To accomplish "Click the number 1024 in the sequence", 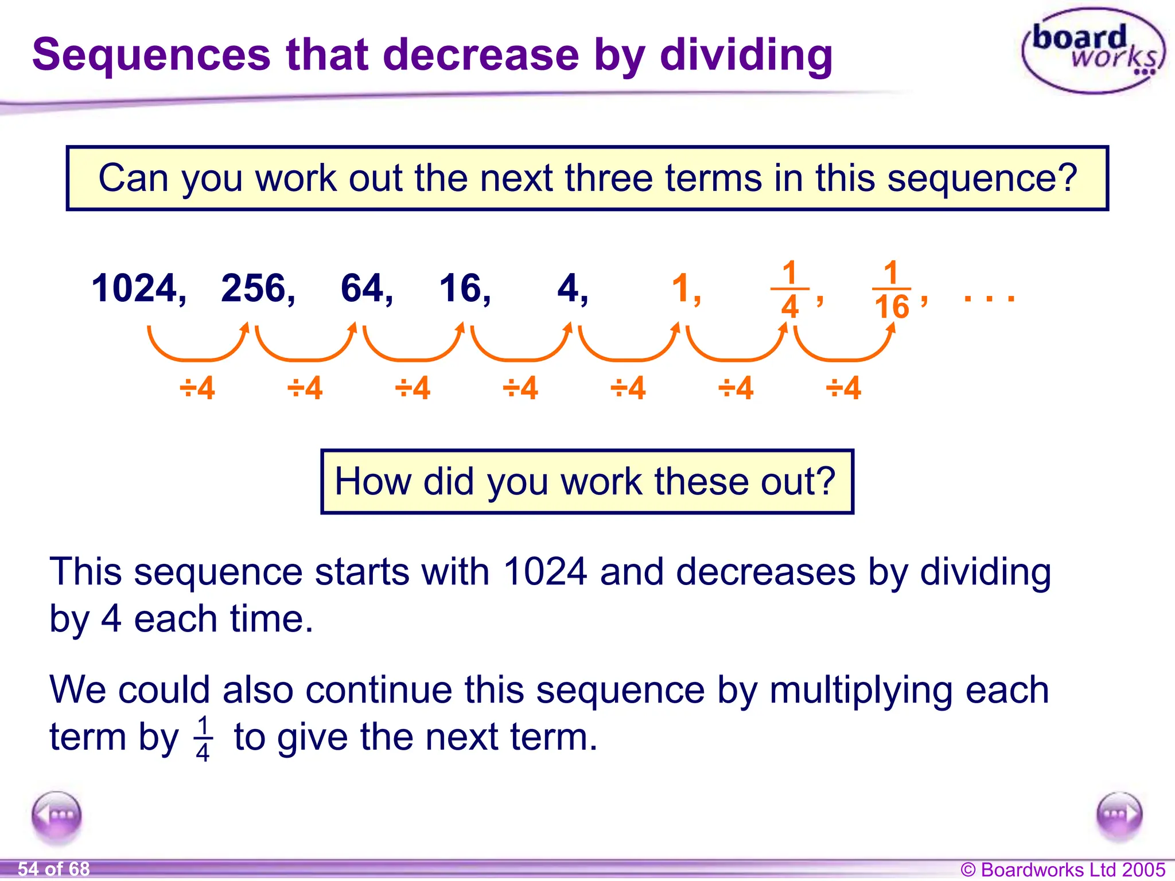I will coord(134,288).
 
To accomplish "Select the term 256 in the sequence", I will coord(254,288).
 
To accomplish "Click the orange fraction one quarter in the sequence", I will coord(790,290).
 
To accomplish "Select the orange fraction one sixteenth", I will coord(892,290).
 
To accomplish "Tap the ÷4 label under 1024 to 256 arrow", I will coord(197,388).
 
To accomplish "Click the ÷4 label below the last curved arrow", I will coord(843,388).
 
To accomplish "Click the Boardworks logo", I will coord(1094,50).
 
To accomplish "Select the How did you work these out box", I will coord(586,481).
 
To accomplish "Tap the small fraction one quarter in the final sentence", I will coord(203,739).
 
